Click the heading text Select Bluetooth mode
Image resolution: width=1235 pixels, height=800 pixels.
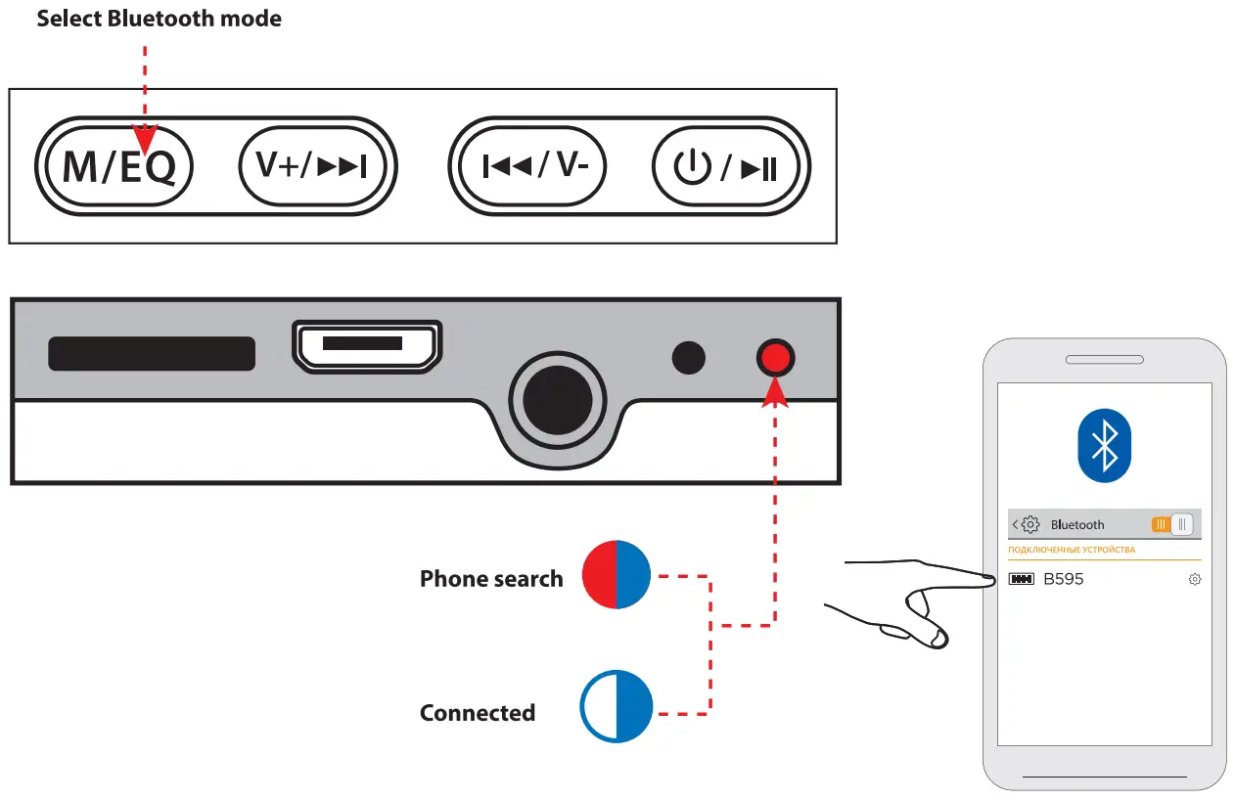click(159, 19)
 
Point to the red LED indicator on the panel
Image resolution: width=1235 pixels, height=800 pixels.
click(775, 358)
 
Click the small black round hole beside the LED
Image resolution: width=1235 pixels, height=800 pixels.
click(689, 358)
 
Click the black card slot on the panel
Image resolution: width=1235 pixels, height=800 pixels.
click(152, 353)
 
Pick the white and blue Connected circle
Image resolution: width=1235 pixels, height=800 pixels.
click(617, 705)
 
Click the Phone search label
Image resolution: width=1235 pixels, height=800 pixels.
click(491, 579)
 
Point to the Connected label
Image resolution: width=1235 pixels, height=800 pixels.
click(477, 713)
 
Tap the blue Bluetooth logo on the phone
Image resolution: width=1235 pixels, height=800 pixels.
click(1104, 445)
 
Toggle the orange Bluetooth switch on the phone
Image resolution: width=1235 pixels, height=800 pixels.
click(1171, 524)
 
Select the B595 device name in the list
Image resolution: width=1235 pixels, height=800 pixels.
click(1063, 579)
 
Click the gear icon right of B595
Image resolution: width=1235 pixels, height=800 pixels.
click(1194, 579)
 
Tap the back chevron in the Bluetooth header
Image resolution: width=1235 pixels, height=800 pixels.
click(1015, 524)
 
